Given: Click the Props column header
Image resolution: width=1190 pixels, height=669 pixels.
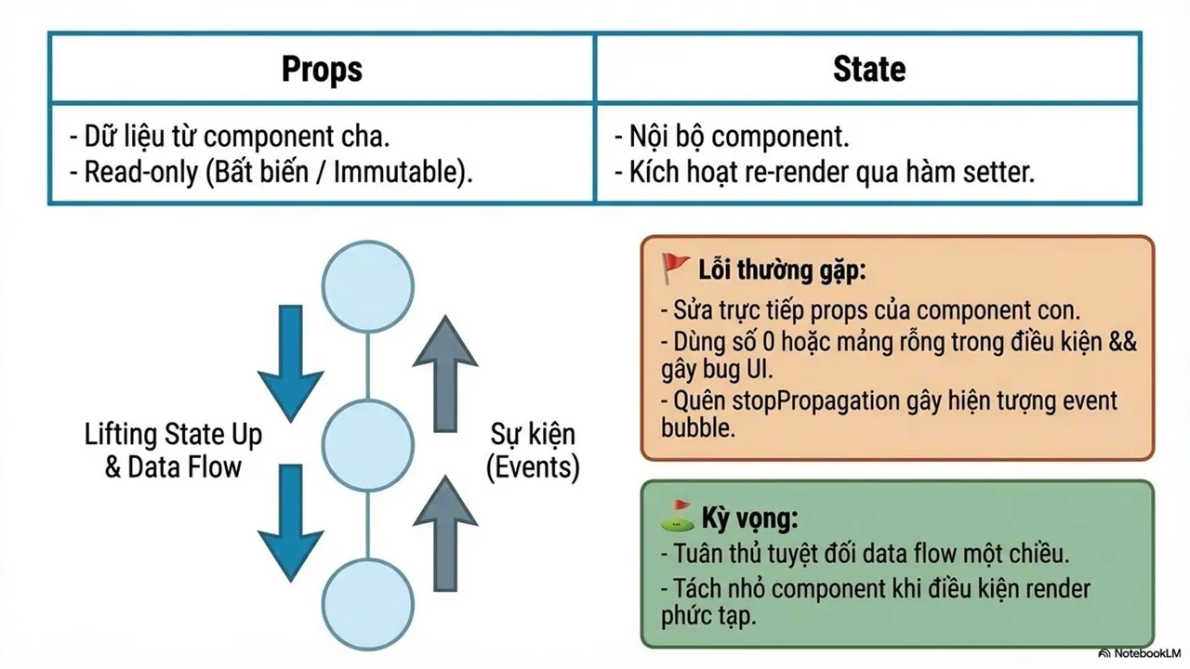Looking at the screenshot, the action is pos(322,70).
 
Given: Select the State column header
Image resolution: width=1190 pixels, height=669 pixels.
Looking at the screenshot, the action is pos(869,69).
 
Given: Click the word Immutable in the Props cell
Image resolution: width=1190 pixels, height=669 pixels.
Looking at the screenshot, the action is pos(399,173).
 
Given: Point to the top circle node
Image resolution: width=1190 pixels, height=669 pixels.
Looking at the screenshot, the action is pos(367,287).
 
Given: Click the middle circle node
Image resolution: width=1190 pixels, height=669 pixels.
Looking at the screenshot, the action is pos(367,445).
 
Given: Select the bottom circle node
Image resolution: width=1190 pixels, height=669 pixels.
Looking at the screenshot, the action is pos(367,604).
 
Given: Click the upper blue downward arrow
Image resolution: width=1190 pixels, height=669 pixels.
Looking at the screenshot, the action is pos(291,363).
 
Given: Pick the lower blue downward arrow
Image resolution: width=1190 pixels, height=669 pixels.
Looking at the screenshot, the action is pos(291,523).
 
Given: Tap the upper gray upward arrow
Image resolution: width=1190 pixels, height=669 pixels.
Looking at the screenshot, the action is pos(445,374).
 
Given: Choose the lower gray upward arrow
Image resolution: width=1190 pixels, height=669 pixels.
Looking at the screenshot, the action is pos(445,532).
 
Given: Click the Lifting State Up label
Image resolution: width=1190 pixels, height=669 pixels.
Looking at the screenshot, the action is pos(173,434).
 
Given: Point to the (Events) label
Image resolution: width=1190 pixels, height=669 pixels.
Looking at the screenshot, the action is pos(533,467).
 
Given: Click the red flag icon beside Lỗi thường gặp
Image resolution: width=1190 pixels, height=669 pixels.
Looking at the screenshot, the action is pos(675,269).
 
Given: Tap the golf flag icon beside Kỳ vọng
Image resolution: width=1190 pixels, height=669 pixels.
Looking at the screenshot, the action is pos(678,516).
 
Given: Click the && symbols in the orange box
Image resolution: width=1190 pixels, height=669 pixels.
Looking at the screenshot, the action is pos(1123,341).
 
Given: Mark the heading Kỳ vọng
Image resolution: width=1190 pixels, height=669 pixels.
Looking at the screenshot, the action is pos(749,518).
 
